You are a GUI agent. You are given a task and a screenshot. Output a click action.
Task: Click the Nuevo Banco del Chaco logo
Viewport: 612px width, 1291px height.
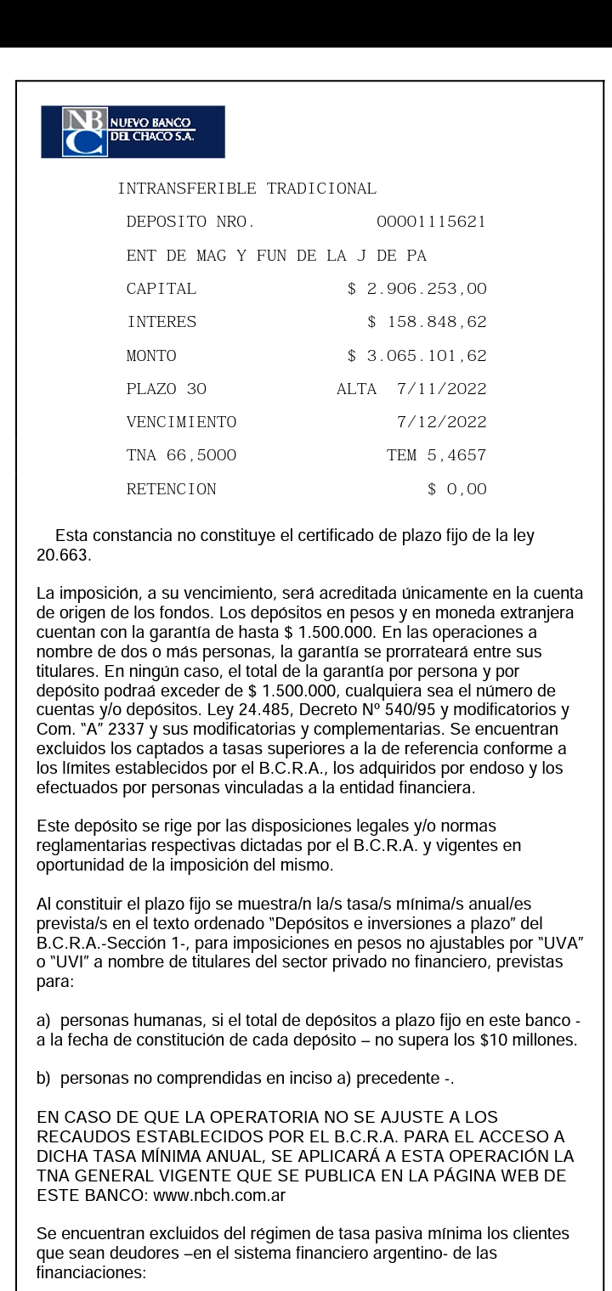pyautogui.click(x=133, y=132)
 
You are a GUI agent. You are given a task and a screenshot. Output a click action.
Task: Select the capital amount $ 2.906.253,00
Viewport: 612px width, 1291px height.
pyautogui.click(x=416, y=289)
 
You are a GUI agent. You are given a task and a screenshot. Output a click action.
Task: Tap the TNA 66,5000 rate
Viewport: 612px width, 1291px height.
pyautogui.click(x=181, y=455)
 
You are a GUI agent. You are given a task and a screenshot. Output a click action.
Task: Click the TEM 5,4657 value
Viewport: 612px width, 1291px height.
pyautogui.click(x=436, y=455)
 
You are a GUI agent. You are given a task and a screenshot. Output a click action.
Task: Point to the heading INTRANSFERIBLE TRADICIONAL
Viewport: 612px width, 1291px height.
pyautogui.click(x=246, y=189)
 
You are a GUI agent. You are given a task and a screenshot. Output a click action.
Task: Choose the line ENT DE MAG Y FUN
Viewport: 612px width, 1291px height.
pyautogui.click(x=275, y=256)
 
